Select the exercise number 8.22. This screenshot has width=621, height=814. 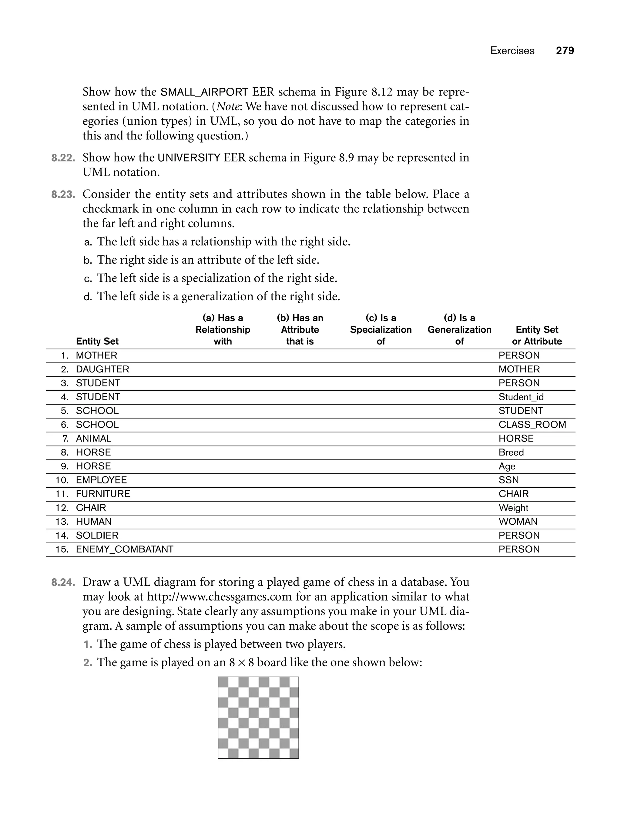[x=63, y=158]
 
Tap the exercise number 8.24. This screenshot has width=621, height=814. [x=63, y=582]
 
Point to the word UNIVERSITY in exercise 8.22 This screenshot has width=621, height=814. [x=189, y=158]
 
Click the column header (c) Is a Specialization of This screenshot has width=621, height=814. [x=381, y=329]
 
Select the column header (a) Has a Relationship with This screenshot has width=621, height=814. [x=223, y=329]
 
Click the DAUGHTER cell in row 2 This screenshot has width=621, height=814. [x=102, y=369]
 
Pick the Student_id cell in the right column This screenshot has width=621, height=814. [x=521, y=397]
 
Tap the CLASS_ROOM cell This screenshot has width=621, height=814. [x=532, y=425]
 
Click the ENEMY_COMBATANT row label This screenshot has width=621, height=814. [x=125, y=549]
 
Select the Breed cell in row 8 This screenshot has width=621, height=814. [x=511, y=452]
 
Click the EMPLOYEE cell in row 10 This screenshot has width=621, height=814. [x=101, y=480]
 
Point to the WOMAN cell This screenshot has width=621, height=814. [x=518, y=522]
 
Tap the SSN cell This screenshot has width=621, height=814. [x=508, y=480]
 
